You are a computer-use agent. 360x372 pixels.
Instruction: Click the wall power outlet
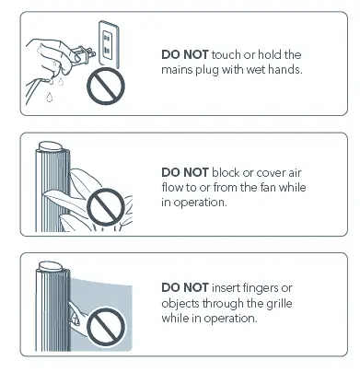[x=109, y=44]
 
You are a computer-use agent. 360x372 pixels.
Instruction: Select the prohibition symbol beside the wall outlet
[x=106, y=86]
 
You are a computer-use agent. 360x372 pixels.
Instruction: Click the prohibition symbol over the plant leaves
[x=106, y=207]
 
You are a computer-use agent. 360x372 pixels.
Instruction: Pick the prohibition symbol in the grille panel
[x=106, y=326]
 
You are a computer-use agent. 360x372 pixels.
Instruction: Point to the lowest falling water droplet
[x=49, y=98]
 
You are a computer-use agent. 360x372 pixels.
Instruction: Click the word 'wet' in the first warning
[x=256, y=70]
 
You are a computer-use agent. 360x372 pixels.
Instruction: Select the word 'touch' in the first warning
[x=226, y=54]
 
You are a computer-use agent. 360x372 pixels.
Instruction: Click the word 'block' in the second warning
[x=226, y=172]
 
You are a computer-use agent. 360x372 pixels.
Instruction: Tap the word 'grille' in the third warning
[x=279, y=304]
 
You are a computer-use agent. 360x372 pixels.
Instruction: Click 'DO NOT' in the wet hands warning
[x=185, y=54]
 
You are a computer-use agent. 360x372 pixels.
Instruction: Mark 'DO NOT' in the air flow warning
[x=185, y=172]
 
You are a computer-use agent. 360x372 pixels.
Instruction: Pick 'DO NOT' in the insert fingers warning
[x=185, y=288]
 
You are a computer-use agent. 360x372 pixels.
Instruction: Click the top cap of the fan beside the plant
[x=52, y=146]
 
